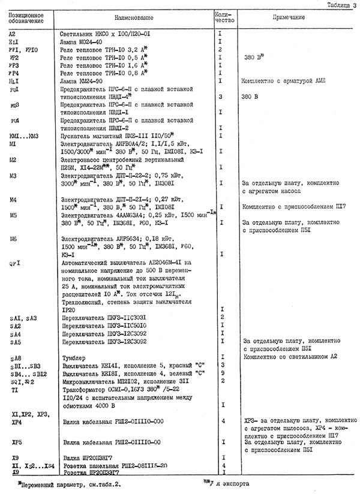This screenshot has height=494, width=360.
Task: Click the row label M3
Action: pyautogui.click(x=14, y=175)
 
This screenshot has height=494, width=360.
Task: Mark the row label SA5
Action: pyautogui.click(x=16, y=341)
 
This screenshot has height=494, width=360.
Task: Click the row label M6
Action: pyautogui.click(x=14, y=239)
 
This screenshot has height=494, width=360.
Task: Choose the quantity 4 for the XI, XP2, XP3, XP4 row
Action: pyautogui.click(x=222, y=421)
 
